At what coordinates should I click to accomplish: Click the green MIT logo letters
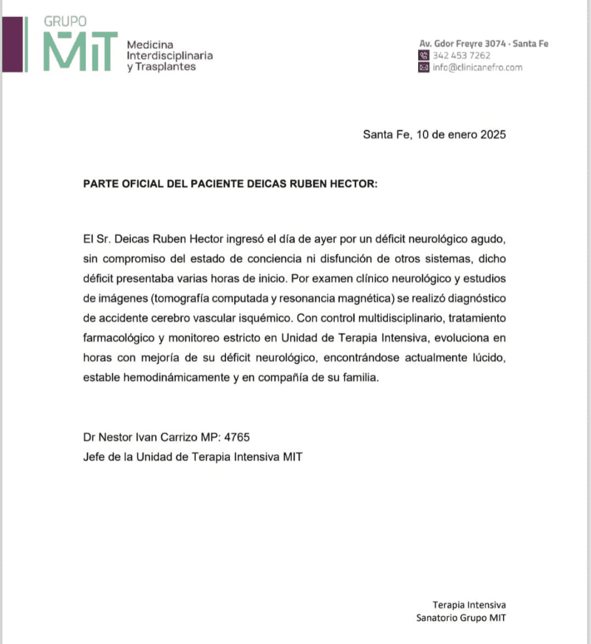pyautogui.click(x=80, y=52)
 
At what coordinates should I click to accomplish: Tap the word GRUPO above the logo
pyautogui.click(x=65, y=22)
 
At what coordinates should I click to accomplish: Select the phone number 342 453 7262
pyautogui.click(x=461, y=55)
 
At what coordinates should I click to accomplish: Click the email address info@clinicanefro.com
pyautogui.click(x=477, y=67)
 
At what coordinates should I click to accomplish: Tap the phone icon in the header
pyautogui.click(x=423, y=55)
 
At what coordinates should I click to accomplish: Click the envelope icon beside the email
pyautogui.click(x=423, y=67)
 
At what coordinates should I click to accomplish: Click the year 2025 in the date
pyautogui.click(x=491, y=135)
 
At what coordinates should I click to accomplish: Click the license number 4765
pyautogui.click(x=246, y=438)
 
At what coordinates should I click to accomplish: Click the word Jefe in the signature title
pyautogui.click(x=95, y=457)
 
